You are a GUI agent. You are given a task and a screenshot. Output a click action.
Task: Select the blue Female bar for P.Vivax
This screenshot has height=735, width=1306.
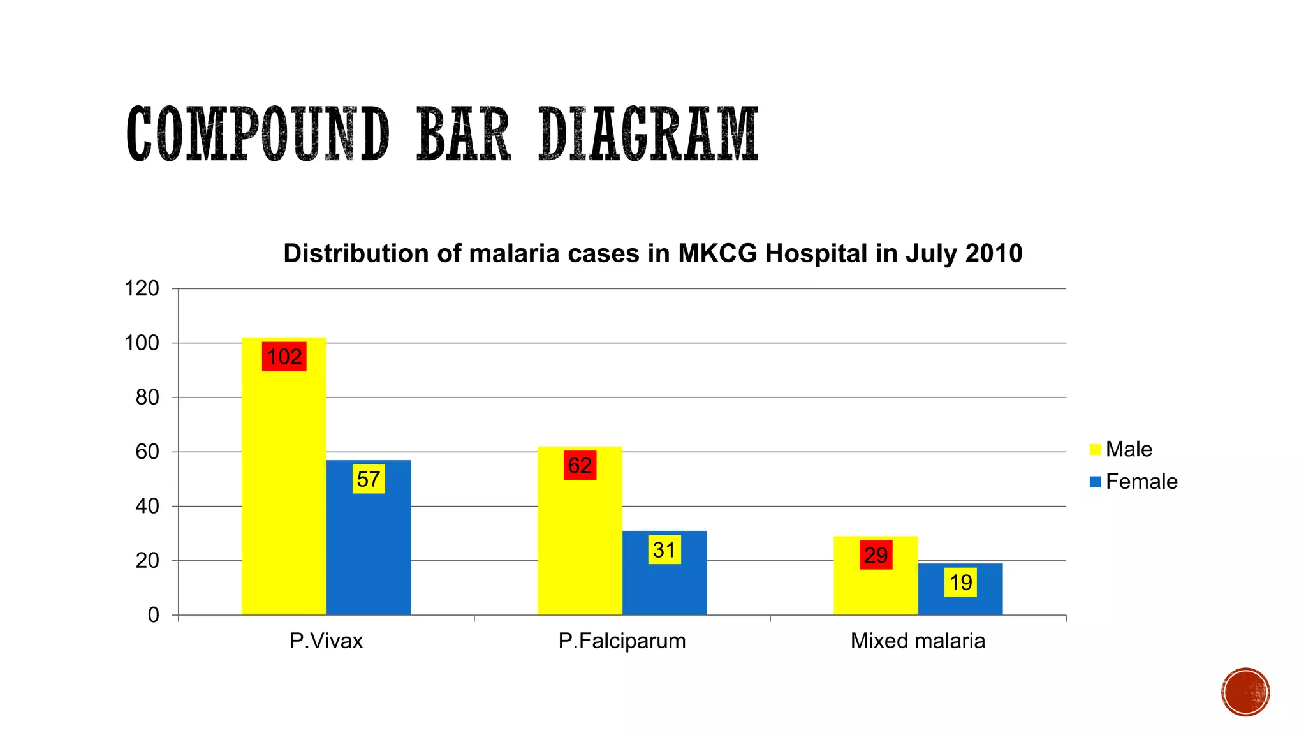tap(369, 549)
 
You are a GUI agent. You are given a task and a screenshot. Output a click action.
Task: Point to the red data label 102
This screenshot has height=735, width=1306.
tap(284, 356)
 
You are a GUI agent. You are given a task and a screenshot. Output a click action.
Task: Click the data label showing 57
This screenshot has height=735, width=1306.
tap(369, 479)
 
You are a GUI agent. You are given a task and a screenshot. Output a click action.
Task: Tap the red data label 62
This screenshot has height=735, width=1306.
tap(580, 465)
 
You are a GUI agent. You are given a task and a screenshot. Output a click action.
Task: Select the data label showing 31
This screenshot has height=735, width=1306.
tap(664, 549)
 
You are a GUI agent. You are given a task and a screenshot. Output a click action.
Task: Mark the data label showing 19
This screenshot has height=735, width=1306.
tap(960, 582)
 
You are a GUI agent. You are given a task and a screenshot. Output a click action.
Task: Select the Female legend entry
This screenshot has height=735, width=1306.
tap(1133, 481)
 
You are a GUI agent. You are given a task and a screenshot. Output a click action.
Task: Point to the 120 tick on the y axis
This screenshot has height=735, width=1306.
tap(142, 288)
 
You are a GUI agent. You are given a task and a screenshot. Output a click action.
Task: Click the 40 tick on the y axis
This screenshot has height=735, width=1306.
tap(147, 507)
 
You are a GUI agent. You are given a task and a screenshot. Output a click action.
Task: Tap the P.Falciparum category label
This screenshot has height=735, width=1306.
tap(622, 641)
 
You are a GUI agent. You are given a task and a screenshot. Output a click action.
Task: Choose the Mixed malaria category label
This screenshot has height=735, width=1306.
tap(918, 641)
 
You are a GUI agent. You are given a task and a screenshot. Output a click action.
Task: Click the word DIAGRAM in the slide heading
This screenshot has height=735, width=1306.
tap(649, 135)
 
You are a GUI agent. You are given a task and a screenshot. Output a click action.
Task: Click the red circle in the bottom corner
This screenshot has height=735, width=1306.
tap(1245, 692)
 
